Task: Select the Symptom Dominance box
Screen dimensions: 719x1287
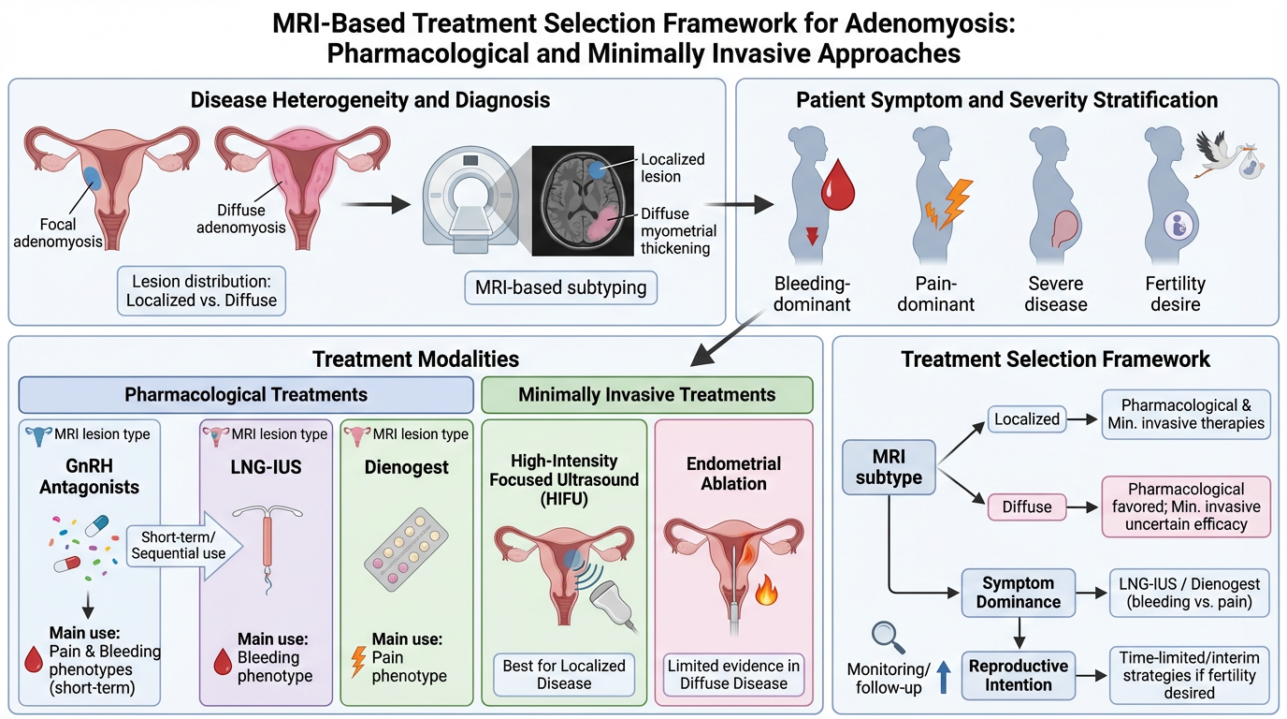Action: coord(1019,594)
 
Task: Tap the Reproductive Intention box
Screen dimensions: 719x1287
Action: coord(1019,675)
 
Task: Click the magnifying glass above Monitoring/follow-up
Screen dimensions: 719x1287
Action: coord(884,636)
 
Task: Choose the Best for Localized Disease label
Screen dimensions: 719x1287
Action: coord(564,674)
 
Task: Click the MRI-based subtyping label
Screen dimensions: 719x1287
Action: coord(561,287)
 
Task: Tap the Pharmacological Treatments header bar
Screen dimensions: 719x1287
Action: coord(246,394)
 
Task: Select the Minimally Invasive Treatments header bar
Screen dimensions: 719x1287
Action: coord(646,394)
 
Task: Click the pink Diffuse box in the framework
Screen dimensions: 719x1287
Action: coord(1027,506)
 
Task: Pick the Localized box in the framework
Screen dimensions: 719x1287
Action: coord(1027,418)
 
